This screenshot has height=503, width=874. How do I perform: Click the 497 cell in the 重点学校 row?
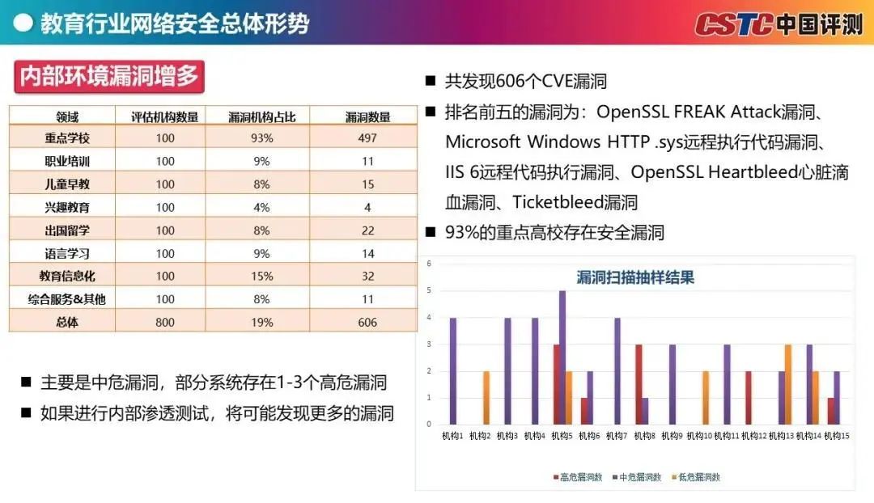[367, 138]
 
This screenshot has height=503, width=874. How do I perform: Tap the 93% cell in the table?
[261, 138]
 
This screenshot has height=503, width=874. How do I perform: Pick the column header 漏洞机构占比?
[261, 116]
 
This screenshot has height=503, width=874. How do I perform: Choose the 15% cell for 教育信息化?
[261, 276]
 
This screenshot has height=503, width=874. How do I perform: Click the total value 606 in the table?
[367, 322]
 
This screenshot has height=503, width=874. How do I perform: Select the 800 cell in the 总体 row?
[165, 322]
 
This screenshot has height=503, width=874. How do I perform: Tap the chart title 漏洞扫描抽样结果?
[635, 278]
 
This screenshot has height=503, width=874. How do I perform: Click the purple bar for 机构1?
[453, 370]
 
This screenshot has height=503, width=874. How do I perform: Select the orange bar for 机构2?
[487, 397]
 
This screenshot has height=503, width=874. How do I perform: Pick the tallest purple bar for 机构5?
[562, 357]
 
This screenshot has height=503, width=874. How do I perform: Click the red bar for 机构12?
[749, 397]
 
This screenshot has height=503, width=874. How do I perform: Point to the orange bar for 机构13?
[787, 384]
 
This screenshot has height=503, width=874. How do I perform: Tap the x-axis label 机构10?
[699, 437]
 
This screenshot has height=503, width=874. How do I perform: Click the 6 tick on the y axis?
[429, 264]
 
